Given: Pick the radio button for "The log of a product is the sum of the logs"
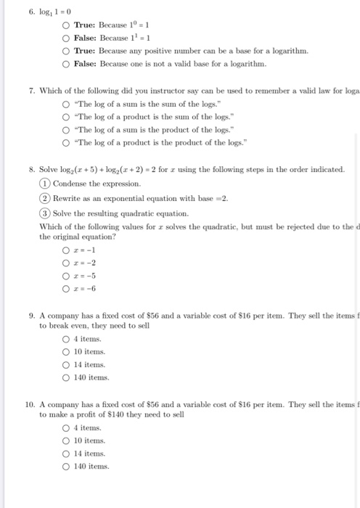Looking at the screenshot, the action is (x=66, y=115).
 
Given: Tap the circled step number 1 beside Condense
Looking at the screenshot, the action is (x=44, y=183).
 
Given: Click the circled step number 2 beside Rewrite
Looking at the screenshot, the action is (x=44, y=198).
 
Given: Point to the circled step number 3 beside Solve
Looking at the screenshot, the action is (x=44, y=214).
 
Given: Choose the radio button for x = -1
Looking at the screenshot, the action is (x=66, y=249).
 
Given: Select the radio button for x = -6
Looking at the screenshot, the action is (x=66, y=288).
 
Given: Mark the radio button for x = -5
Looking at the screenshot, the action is (x=66, y=275).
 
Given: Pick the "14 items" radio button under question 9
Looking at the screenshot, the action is (x=66, y=364).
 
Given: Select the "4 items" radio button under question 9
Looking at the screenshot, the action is (x=66, y=338).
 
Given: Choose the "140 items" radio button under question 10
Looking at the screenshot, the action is (x=66, y=465).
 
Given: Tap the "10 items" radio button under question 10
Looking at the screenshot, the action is (x=66, y=440).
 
